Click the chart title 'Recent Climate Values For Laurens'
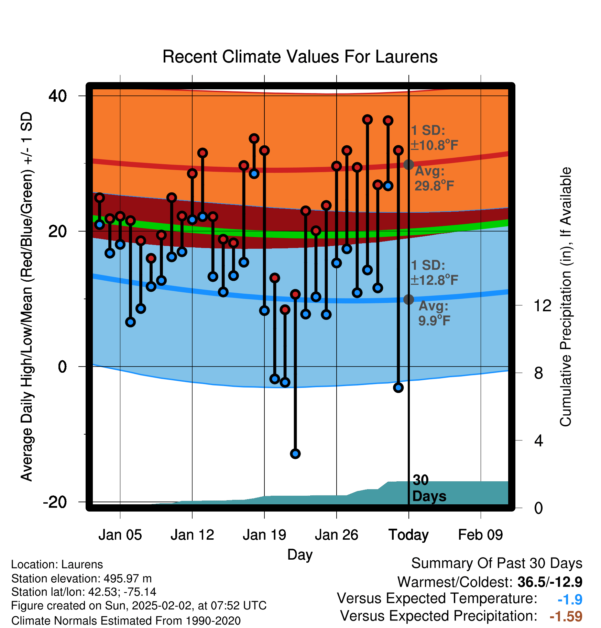pyautogui.click(x=300, y=57)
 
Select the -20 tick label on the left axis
pyautogui.click(x=55, y=502)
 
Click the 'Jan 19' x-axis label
pyautogui.click(x=264, y=535)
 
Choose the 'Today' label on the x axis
pyautogui.click(x=408, y=535)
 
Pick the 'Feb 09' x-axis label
pyautogui.click(x=481, y=535)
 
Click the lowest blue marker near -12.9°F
pyautogui.click(x=295, y=454)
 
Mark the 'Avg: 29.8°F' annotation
pyautogui.click(x=434, y=178)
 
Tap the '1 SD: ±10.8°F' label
pyautogui.click(x=434, y=138)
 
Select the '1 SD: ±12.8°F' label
pyautogui.click(x=434, y=273)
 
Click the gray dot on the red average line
pyautogui.click(x=408, y=165)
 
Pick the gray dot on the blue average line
pyautogui.click(x=408, y=300)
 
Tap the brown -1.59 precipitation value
pyautogui.click(x=566, y=616)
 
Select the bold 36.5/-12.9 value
pyautogui.click(x=550, y=582)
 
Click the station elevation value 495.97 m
pyautogui.click(x=128, y=579)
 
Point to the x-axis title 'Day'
pyautogui.click(x=300, y=555)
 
